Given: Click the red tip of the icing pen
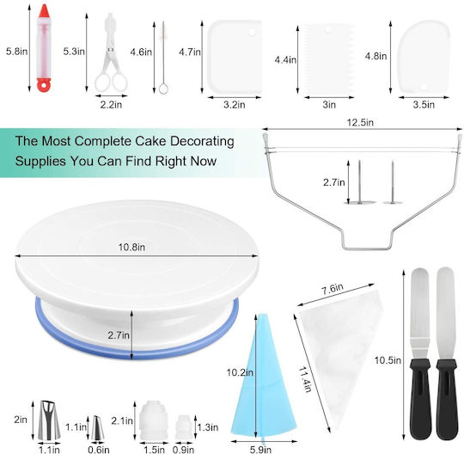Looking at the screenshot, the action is (x=44, y=11).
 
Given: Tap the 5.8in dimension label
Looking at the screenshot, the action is (x=17, y=52).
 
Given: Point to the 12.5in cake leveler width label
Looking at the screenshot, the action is (x=360, y=122).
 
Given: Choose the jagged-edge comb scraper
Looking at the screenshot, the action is (x=329, y=58).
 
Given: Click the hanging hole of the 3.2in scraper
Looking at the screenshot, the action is (x=252, y=32).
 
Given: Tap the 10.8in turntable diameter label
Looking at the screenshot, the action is (x=131, y=248).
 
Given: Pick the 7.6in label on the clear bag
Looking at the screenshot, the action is (x=333, y=289).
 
